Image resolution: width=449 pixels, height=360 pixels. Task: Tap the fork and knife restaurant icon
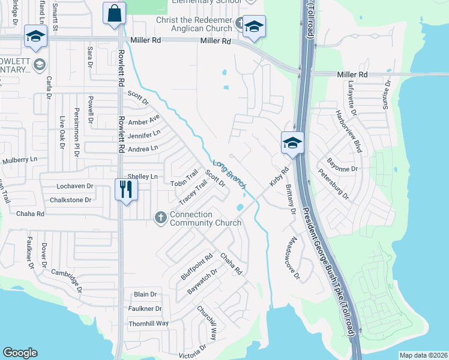coord(126,190)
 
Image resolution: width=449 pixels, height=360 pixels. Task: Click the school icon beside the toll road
coord(292,144)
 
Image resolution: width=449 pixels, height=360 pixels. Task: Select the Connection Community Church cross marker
coord(160,218)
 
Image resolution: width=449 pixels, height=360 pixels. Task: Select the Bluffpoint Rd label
coord(197,267)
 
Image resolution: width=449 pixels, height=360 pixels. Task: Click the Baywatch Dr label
coord(202,280)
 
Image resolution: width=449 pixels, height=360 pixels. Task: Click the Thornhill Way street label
coord(148,323)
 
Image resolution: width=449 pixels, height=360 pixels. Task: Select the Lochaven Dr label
coord(75,187)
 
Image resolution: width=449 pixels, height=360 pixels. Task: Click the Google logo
coord(20,353)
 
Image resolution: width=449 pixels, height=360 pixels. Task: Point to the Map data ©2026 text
coord(423,355)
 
